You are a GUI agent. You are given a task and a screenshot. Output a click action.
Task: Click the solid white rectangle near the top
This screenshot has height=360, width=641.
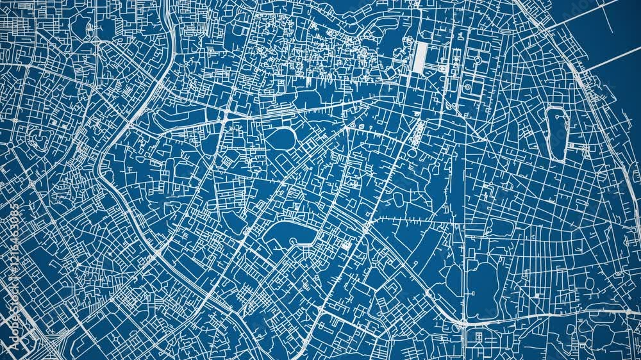click(x=420, y=58)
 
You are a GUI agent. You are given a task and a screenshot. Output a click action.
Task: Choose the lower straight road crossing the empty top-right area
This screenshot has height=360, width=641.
click(x=609, y=60)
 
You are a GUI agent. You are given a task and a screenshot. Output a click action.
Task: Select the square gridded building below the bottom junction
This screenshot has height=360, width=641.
click(x=476, y=339)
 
